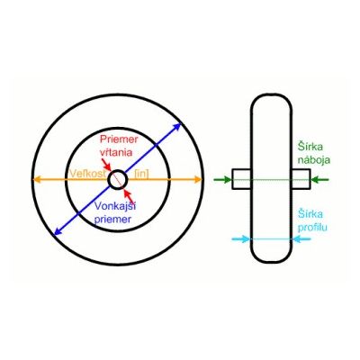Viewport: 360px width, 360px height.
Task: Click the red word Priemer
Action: click(x=119, y=139)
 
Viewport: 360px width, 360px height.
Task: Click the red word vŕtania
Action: click(x=116, y=152)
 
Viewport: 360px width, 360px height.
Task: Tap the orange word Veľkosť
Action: click(x=87, y=174)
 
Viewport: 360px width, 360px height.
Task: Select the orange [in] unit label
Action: click(x=141, y=174)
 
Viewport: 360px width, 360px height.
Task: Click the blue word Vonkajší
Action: click(x=113, y=206)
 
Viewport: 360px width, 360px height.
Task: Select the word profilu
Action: click(x=312, y=227)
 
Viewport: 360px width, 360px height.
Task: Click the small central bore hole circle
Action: click(x=118, y=170)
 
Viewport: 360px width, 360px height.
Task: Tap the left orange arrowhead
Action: click(x=37, y=180)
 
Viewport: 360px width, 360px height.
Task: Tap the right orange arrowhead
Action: click(x=198, y=180)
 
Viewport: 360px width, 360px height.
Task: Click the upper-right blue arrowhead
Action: click(x=177, y=127)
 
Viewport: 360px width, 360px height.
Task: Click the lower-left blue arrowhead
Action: click(x=58, y=230)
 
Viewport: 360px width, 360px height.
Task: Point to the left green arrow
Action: click(x=222, y=180)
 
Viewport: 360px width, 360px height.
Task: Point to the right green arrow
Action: click(x=319, y=180)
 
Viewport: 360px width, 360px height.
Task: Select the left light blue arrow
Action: click(x=241, y=239)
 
